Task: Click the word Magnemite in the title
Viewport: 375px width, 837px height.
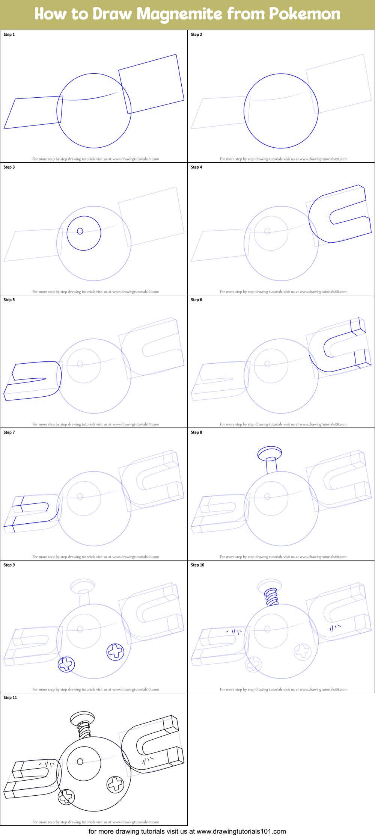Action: coord(179,14)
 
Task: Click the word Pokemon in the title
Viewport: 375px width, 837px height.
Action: coord(304,14)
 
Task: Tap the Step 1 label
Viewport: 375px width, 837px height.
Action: coord(9,35)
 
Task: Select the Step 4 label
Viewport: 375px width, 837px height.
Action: coord(196,167)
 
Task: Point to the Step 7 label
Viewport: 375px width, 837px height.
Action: coord(9,432)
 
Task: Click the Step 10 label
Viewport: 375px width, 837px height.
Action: coord(197,565)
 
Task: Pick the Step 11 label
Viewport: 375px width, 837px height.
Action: coord(11,698)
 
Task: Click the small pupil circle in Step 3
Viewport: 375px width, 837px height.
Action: coord(80,231)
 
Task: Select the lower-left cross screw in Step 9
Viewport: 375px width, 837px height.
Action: coord(66,664)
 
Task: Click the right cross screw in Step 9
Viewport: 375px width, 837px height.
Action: coord(116,652)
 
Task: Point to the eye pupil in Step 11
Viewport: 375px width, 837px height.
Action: coord(80,761)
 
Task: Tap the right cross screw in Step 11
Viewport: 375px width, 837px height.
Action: coord(116,784)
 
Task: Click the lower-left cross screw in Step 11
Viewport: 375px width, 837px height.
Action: coord(66,796)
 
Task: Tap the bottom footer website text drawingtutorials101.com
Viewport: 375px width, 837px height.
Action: coord(241,831)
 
